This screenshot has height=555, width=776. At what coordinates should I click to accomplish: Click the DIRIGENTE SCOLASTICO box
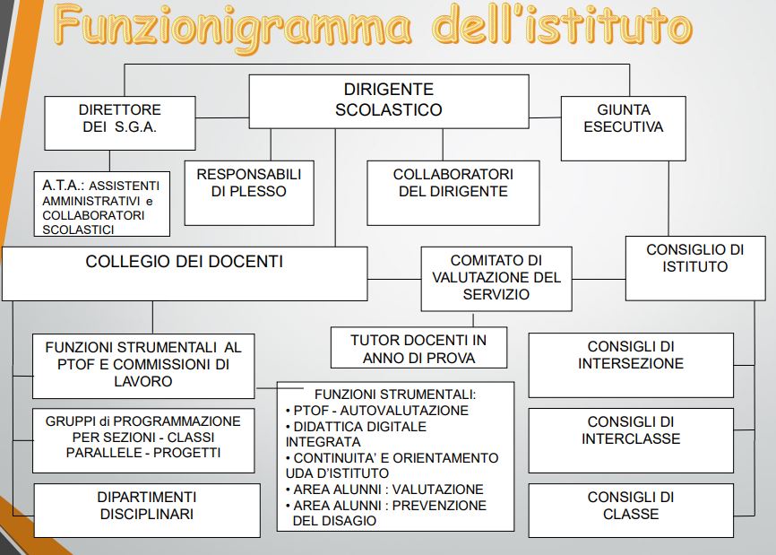(388, 100)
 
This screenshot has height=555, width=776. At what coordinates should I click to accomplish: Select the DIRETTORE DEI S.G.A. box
(121, 118)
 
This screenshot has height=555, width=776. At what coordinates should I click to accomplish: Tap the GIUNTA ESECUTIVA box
(623, 118)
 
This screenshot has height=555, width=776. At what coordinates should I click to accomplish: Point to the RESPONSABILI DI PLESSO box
(248, 183)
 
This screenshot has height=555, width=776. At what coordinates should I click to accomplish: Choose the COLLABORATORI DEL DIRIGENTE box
(453, 183)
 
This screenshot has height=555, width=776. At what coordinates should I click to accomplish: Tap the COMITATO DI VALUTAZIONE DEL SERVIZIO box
(496, 277)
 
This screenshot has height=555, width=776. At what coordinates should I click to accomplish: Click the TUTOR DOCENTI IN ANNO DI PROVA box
(418, 349)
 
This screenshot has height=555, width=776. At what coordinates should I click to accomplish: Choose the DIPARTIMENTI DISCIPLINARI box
(146, 506)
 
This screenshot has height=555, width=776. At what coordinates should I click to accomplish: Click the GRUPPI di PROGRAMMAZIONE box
(144, 437)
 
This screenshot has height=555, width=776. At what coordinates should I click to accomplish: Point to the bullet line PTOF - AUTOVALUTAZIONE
(381, 411)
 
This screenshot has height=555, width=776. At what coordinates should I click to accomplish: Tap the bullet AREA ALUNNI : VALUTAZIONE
(389, 490)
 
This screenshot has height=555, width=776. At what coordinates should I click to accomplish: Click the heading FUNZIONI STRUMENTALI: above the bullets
(394, 395)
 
